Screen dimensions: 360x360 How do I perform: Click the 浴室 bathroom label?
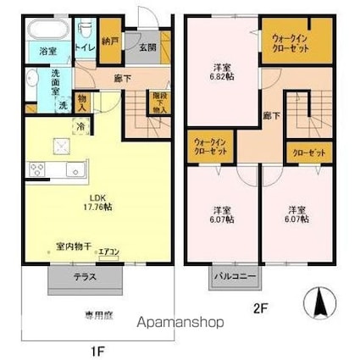point(48,52)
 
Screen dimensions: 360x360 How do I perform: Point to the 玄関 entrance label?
point(146,47)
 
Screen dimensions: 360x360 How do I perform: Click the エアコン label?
point(108,252)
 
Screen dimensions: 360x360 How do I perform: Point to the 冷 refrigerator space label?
point(80,126)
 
